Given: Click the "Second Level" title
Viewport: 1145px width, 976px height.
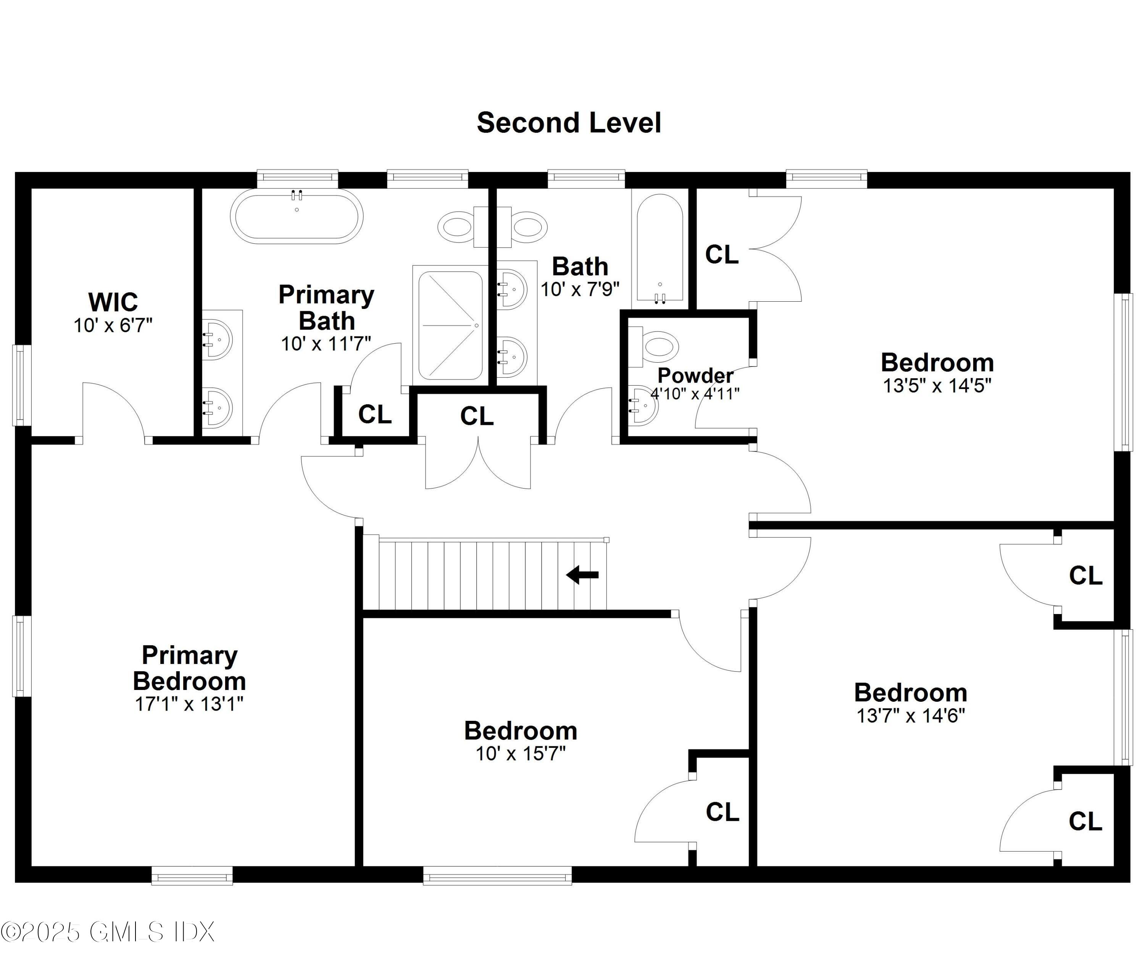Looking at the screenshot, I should pos(569,123).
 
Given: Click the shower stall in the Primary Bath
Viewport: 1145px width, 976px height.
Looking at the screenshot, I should pos(450,325).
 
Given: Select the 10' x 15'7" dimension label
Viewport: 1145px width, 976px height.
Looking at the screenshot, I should pos(521,753).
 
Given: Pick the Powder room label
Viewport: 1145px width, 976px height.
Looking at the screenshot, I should pos(695,376).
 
